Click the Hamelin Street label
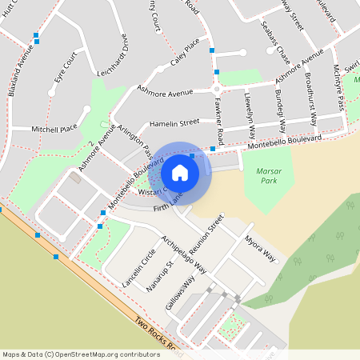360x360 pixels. (x=174, y=123)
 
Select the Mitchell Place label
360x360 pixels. (x=54, y=128)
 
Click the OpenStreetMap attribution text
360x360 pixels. (x=81, y=354)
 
